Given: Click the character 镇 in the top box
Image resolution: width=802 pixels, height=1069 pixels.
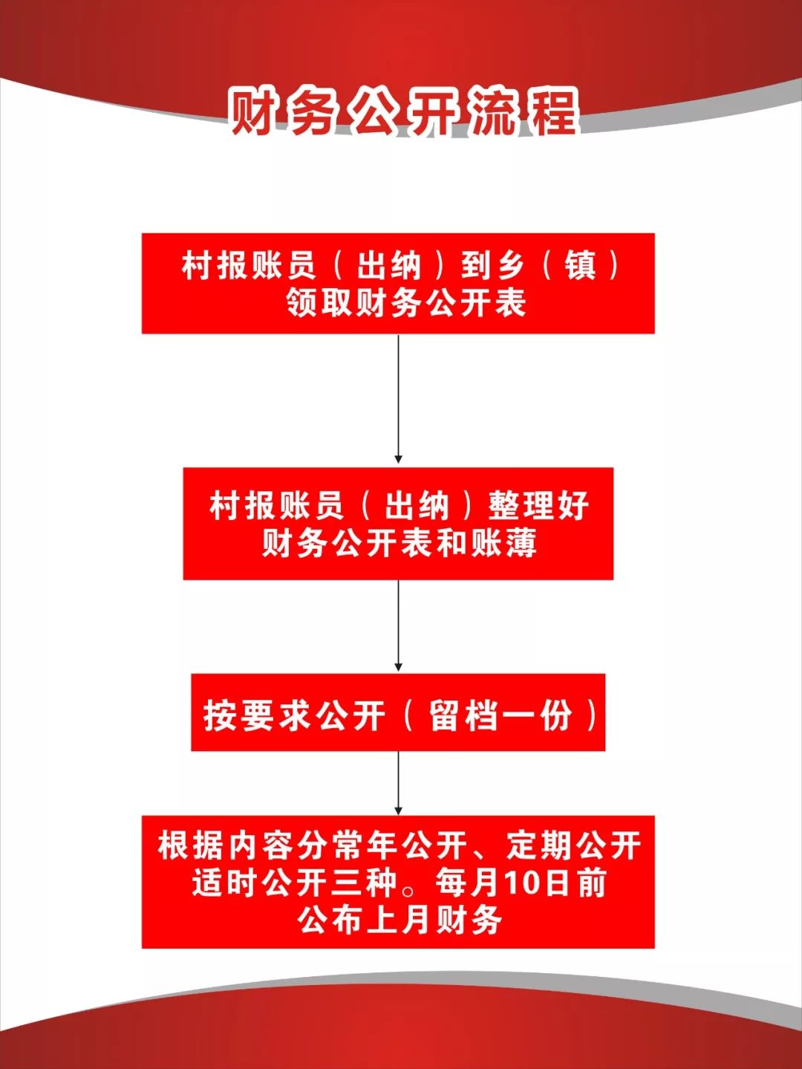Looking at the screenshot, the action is click(x=581, y=266).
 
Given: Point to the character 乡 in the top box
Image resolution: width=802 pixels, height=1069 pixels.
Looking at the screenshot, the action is click(x=510, y=266).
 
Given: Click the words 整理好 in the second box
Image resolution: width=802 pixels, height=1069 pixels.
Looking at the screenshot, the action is click(x=538, y=505).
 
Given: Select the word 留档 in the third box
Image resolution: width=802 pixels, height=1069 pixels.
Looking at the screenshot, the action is click(x=463, y=715).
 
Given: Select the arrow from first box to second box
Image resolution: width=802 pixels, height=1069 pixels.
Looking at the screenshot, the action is click(x=398, y=398).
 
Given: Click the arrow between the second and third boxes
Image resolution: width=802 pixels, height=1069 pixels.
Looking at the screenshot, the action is click(x=398, y=626).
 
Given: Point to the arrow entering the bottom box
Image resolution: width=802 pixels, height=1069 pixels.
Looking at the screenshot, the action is click(x=398, y=783).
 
